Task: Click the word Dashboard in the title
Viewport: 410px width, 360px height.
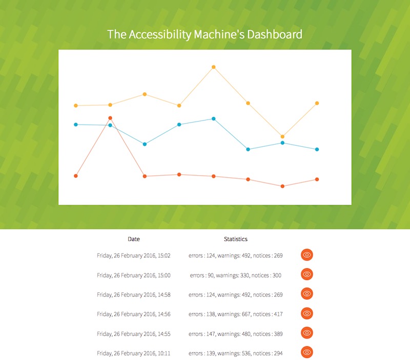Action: (x=275, y=34)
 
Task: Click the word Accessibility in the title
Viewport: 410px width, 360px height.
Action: (x=160, y=35)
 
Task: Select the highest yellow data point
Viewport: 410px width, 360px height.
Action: (x=214, y=67)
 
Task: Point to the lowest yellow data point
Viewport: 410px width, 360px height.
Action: (x=282, y=136)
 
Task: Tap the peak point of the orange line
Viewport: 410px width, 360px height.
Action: (x=110, y=118)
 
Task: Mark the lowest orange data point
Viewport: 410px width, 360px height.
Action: (x=282, y=186)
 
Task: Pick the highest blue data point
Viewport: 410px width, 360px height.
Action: (x=214, y=119)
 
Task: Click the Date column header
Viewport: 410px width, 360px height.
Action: (x=134, y=239)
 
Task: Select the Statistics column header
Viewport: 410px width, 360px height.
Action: (x=236, y=239)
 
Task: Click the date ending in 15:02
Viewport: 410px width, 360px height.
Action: (x=134, y=255)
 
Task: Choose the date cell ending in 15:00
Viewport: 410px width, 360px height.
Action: (x=134, y=275)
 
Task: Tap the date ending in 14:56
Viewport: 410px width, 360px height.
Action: (x=134, y=314)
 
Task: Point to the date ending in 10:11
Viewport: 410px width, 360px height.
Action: (x=134, y=353)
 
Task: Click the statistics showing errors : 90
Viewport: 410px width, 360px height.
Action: (x=236, y=275)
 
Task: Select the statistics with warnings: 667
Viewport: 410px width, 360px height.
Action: (x=236, y=314)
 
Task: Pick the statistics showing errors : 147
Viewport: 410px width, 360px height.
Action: (x=236, y=334)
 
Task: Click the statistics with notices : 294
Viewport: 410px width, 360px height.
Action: (x=236, y=353)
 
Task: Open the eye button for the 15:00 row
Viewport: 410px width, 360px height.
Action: (x=307, y=274)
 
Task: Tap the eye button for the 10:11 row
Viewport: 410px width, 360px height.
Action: (x=307, y=352)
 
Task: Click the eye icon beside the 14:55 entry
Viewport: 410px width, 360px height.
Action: (x=307, y=333)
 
